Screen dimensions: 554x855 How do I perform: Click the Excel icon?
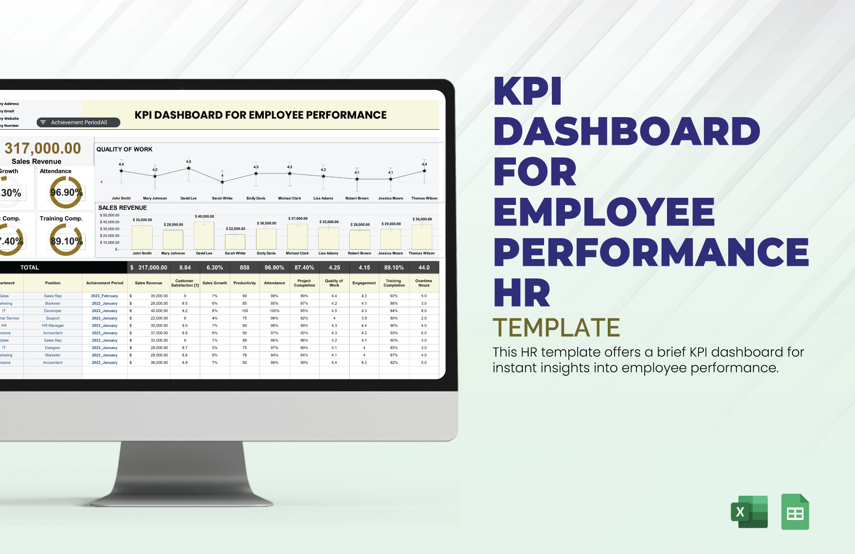[749, 512]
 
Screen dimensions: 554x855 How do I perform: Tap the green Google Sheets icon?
[795, 512]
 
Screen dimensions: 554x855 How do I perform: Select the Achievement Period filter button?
[78, 122]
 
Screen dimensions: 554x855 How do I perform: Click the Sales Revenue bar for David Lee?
[204, 236]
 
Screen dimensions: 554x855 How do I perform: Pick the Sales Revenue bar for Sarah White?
[235, 242]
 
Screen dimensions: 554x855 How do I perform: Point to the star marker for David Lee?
[188, 168]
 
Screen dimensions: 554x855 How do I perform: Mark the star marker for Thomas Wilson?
[424, 171]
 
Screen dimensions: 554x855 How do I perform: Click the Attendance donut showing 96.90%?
[66, 192]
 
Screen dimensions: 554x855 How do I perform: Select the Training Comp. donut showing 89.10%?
[66, 241]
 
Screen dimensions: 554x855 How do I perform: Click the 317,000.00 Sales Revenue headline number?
[43, 148]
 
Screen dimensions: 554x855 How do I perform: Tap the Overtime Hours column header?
[424, 283]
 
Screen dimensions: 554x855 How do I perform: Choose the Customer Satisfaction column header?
[185, 283]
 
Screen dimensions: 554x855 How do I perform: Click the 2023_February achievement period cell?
[104, 296]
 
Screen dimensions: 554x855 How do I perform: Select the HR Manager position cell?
[52, 326]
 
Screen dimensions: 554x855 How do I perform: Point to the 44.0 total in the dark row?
[424, 267]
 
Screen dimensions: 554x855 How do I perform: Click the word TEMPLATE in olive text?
[556, 328]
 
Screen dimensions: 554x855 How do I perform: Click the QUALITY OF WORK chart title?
[124, 149]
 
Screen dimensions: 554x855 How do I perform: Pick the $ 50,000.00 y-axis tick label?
[109, 215]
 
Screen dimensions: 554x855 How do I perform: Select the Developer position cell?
[52, 311]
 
